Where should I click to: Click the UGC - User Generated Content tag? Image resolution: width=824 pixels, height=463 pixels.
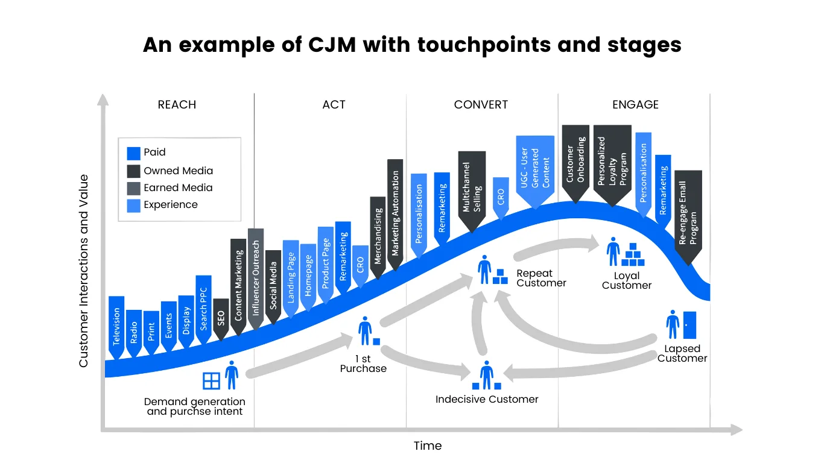[x=535, y=169]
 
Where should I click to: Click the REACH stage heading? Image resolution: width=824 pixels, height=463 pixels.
[x=177, y=105]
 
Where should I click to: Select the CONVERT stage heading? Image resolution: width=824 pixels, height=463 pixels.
[x=481, y=105]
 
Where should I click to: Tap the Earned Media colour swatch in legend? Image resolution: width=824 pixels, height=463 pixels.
[x=134, y=188]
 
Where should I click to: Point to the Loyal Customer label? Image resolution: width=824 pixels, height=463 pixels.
[x=627, y=280]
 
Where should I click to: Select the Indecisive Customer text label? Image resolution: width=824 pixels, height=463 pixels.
[x=487, y=399]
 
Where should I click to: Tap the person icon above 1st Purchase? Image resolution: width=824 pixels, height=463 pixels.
[x=364, y=330]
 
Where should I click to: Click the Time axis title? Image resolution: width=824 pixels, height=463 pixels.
[x=428, y=446]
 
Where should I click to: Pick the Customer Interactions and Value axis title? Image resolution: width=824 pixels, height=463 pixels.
[x=84, y=271]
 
